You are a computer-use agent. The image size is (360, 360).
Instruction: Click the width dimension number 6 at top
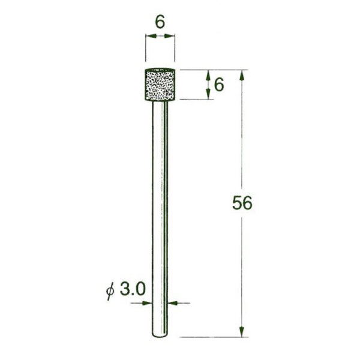160,22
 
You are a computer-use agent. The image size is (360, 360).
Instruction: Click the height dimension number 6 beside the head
219,85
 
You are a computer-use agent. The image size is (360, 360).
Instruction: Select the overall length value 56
242,203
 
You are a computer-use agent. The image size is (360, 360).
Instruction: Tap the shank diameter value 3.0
133,289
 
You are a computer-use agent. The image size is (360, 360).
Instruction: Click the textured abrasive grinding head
160,85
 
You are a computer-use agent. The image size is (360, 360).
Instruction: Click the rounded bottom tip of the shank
160,335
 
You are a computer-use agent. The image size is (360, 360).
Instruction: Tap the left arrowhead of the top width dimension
151,36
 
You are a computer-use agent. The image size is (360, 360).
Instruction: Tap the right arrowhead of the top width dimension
169,36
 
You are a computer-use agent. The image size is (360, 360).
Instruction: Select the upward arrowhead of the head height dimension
208,75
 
